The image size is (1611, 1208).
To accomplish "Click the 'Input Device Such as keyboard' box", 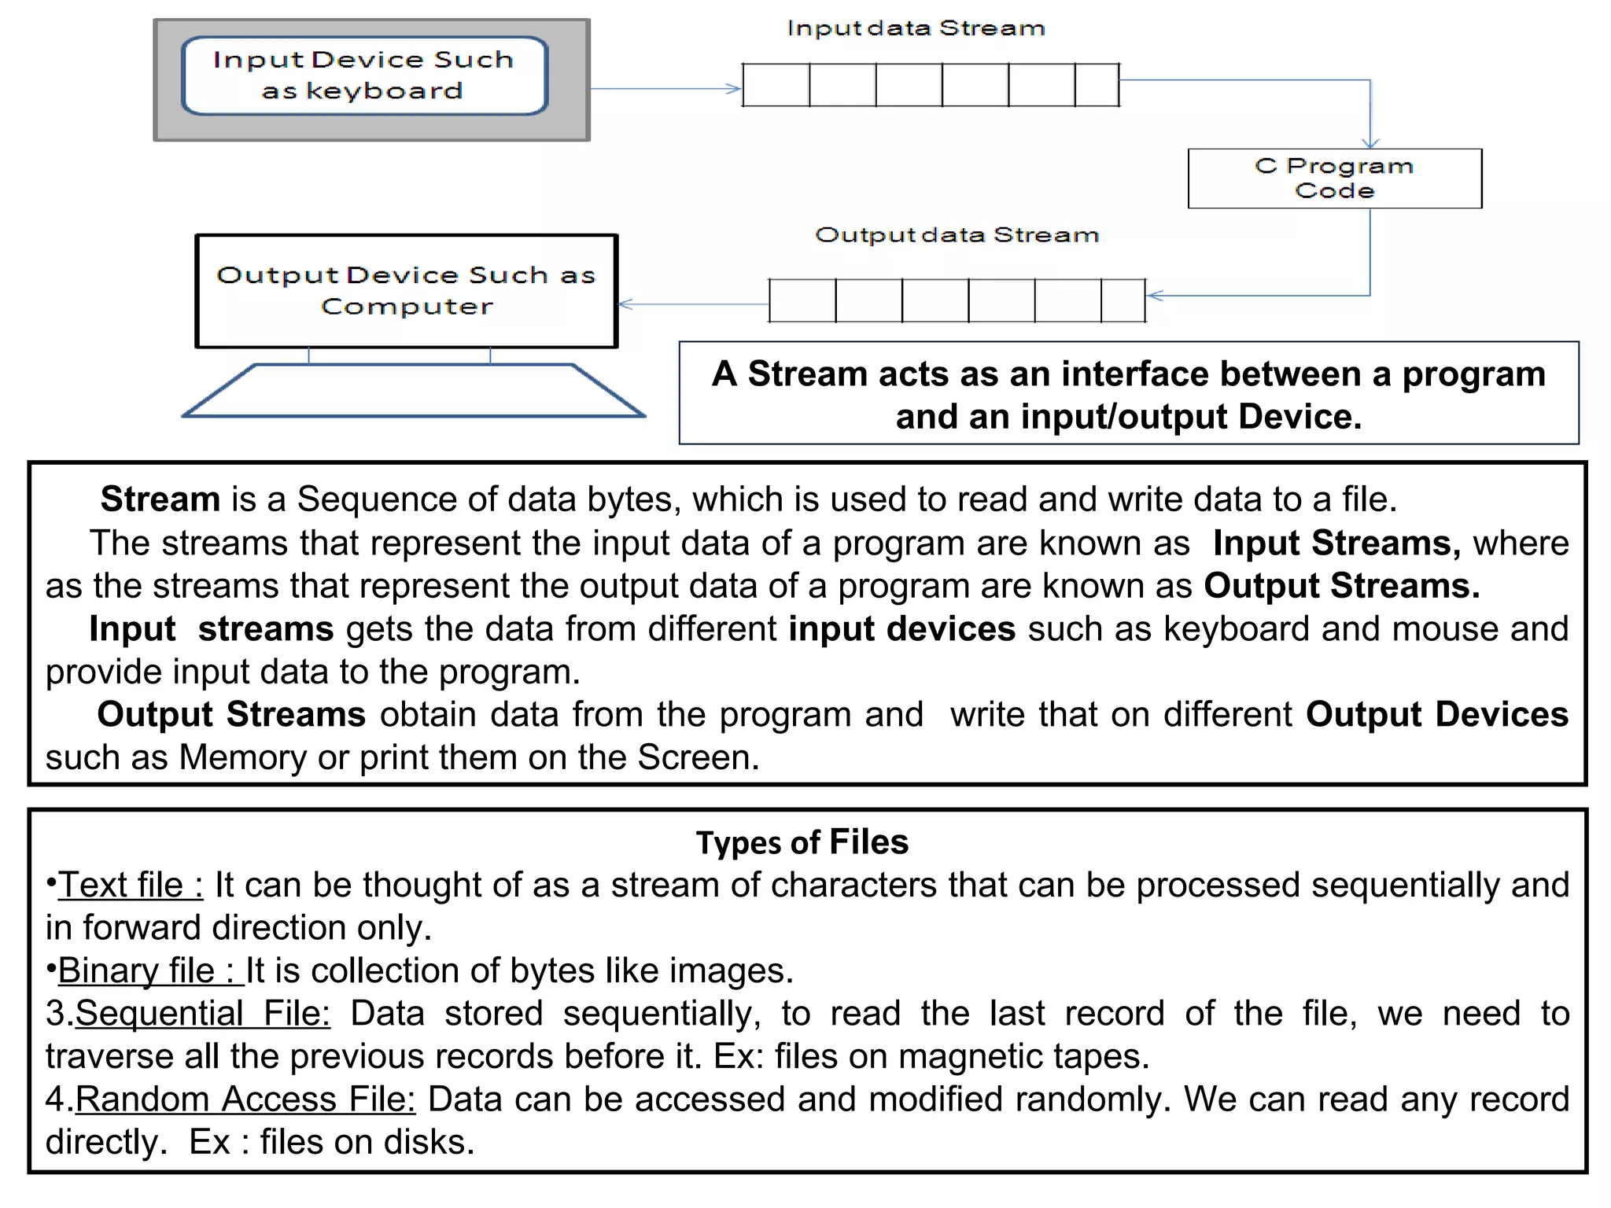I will coord(364,75).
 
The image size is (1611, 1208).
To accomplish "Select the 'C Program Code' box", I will coord(1334,179).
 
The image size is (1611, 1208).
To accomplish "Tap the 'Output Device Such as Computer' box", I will coord(406,290).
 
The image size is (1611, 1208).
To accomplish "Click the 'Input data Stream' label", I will coord(916,29).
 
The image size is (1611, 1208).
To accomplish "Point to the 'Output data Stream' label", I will coord(957,235).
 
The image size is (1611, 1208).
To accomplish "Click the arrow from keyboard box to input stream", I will coord(665,89).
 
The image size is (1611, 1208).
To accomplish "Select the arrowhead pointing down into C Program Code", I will coord(1370,142).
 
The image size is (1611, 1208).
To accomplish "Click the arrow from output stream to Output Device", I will coord(692,304).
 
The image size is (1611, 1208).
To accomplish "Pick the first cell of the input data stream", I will coord(776,85).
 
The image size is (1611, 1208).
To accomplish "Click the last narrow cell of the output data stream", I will coord(1123,300).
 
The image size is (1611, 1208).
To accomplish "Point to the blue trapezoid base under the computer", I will coord(413,390).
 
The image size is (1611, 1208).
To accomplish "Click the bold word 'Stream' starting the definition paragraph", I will coord(160,499).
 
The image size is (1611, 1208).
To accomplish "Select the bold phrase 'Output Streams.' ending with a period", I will coord(1342,586).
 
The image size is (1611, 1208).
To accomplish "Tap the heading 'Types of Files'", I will coord(802,842).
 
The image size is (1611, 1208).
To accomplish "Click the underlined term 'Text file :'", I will coord(131,885).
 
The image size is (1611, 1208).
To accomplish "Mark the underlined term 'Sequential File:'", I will coord(203,1013).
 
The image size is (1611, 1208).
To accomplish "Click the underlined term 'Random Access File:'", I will coord(245,1099).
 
